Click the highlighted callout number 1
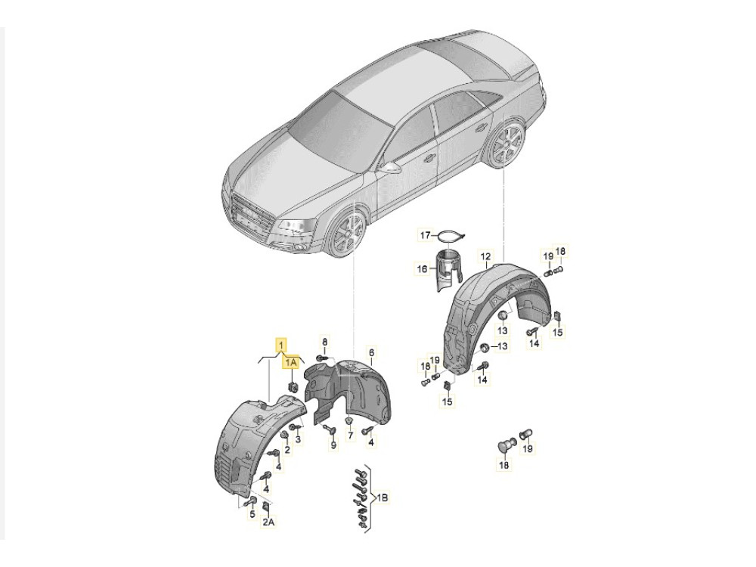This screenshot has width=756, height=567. (280, 345)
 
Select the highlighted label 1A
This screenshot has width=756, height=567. (291, 363)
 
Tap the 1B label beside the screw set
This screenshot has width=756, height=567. (382, 497)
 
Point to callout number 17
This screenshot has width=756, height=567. (425, 236)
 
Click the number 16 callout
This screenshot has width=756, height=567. (422, 269)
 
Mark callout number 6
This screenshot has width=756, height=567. (371, 353)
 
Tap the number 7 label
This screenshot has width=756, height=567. (351, 435)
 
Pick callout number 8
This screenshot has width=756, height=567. (324, 342)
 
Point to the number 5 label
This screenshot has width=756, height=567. (251, 515)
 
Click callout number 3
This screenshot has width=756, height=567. (299, 439)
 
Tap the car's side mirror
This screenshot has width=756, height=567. (391, 169)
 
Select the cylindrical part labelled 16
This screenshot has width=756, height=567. (449, 270)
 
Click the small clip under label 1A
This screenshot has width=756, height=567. (292, 386)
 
